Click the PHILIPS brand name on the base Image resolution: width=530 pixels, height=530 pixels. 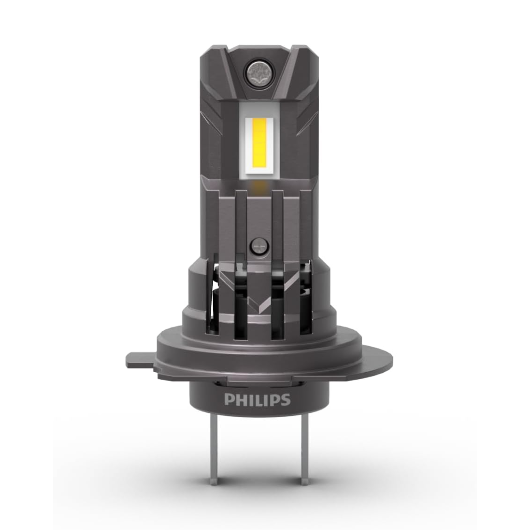click(257, 399)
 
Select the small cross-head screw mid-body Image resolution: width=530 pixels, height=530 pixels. click(258, 246)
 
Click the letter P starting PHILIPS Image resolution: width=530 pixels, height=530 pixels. click(229, 400)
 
